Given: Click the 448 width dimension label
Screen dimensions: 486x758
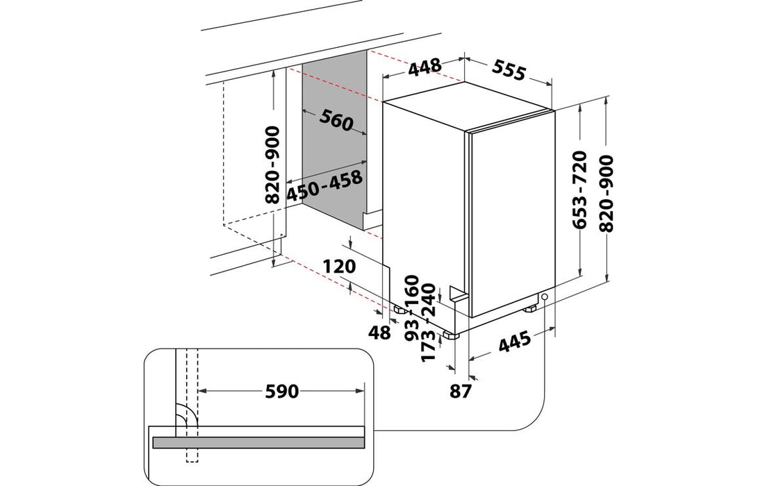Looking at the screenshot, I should click(x=425, y=67).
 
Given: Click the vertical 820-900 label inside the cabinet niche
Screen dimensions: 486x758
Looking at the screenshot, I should click(x=272, y=165).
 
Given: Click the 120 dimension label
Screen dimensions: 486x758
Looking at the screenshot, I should click(x=340, y=267).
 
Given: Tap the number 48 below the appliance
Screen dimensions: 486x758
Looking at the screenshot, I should click(x=380, y=333).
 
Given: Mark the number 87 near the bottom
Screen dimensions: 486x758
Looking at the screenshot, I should click(x=461, y=391).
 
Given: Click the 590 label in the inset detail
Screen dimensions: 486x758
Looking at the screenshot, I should click(x=281, y=392).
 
